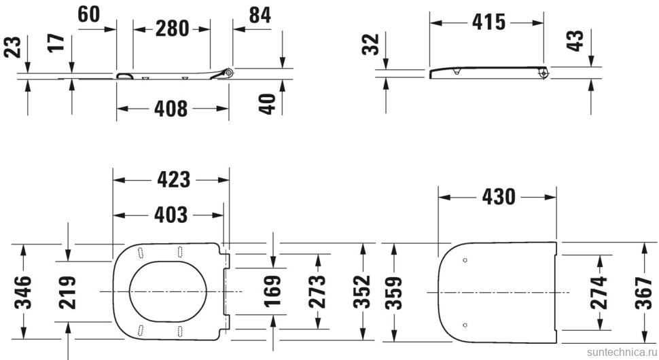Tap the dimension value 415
[x=488, y=22]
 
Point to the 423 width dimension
[x=173, y=180]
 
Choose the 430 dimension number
[x=499, y=197]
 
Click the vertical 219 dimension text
[x=67, y=291]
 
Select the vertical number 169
[x=273, y=291]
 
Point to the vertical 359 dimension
[x=393, y=291]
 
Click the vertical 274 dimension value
[x=599, y=291]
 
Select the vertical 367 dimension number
[x=644, y=291]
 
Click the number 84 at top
[x=259, y=16]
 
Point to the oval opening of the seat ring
[x=168, y=292]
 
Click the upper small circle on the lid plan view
[x=465, y=260]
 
